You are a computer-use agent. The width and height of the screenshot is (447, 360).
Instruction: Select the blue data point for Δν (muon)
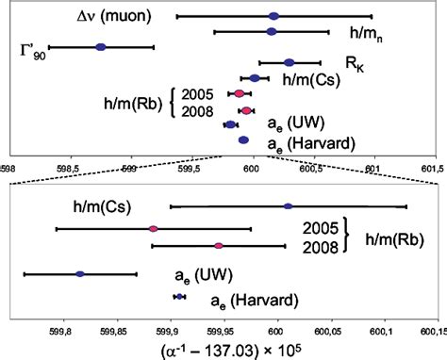pyautogui.click(x=273, y=16)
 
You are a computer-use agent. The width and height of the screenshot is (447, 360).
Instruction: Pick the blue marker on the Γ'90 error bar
pyautogui.click(x=101, y=46)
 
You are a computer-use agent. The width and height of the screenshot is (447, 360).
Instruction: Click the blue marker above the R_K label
pyautogui.click(x=289, y=63)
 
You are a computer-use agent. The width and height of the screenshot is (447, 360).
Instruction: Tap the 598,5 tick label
pyautogui.click(x=8, y=169)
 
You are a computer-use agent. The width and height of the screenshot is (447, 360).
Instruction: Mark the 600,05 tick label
pyautogui.click(x=327, y=332)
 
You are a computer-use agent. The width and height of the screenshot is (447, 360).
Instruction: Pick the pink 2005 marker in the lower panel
pyautogui.click(x=153, y=228)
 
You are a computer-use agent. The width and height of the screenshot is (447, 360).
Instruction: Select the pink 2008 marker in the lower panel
pyautogui.click(x=219, y=246)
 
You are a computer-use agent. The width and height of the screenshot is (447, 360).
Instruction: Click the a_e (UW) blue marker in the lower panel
pyautogui.click(x=80, y=274)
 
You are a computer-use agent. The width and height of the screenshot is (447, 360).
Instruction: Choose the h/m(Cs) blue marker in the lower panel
pyautogui.click(x=288, y=206)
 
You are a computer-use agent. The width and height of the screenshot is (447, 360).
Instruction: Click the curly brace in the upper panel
pyautogui.click(x=176, y=102)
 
